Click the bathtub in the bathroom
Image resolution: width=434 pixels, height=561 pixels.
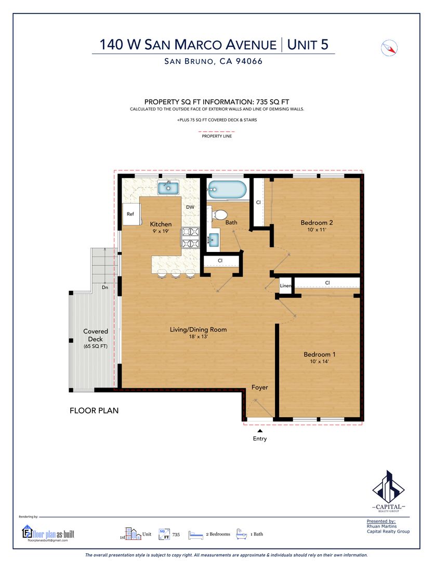[227, 189]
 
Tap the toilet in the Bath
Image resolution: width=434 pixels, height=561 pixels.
[219, 215]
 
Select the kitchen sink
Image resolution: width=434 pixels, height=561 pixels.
[168, 188]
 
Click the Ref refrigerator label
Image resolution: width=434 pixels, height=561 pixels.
[130, 214]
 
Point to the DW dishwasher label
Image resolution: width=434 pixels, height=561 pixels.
[190, 207]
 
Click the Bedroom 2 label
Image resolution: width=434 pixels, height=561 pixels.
[317, 222]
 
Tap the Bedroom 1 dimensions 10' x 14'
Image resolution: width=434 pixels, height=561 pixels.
[320, 362]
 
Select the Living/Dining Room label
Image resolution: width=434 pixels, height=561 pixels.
[198, 329]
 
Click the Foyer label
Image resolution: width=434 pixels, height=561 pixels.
[259, 388]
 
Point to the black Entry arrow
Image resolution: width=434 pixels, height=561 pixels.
[260, 431]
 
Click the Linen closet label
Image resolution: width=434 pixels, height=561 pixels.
[285, 286]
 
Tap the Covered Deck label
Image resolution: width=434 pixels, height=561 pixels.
[96, 335]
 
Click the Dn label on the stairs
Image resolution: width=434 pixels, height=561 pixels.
[105, 287]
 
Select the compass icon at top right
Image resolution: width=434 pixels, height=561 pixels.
[389, 48]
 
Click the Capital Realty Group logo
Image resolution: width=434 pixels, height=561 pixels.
[389, 491]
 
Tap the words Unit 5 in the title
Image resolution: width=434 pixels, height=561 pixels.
[308, 45]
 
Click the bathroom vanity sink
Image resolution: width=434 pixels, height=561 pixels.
[214, 239]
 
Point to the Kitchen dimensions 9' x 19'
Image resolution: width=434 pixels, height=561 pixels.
[161, 231]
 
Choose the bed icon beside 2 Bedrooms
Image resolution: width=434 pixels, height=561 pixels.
[195, 535]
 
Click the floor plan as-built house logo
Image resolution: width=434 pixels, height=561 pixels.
[27, 532]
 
